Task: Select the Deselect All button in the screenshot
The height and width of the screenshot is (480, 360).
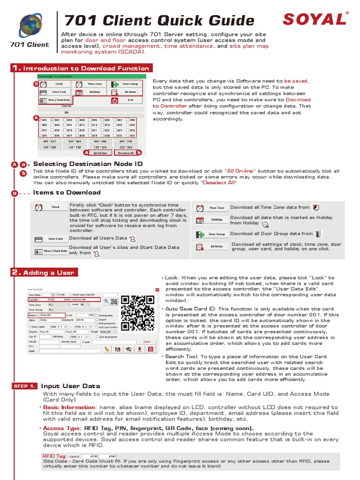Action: click(125, 153)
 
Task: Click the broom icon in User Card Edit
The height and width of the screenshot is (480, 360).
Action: click(107, 349)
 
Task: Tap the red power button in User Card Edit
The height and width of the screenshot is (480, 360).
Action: click(150, 349)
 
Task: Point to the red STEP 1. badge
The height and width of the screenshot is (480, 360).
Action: click(25, 386)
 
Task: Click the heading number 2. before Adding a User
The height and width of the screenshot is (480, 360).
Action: click(16, 272)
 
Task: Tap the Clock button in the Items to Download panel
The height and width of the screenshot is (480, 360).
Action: click(50, 207)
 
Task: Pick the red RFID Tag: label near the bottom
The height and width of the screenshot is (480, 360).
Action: click(54, 456)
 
